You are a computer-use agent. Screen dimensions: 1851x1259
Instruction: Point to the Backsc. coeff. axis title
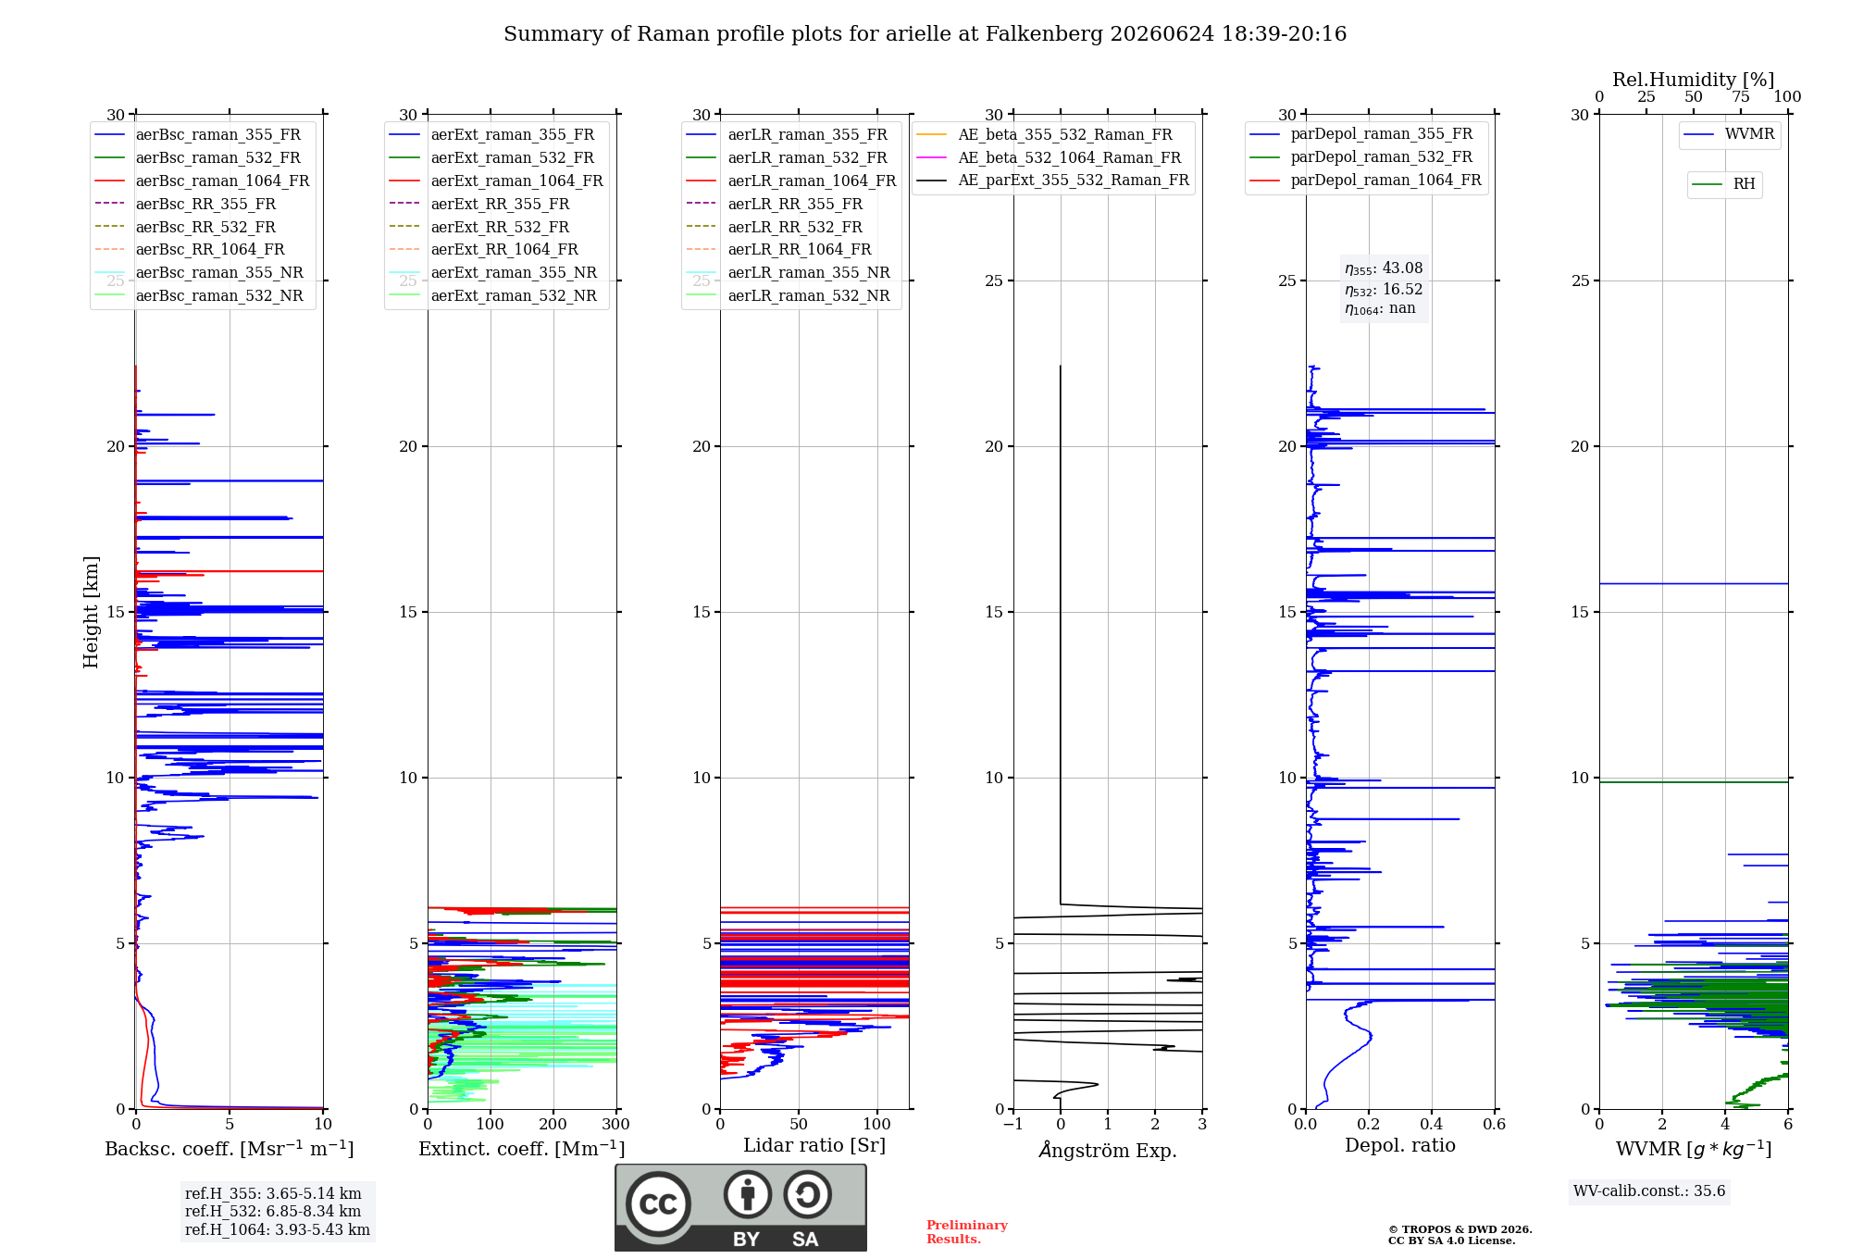coord(230,1149)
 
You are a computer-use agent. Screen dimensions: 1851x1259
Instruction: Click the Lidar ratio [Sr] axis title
coord(814,1146)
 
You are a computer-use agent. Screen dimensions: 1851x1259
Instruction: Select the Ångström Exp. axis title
coord(1108,1150)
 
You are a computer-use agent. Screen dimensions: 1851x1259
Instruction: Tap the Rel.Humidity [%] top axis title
coord(1694,80)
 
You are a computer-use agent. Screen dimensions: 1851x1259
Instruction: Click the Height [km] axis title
coord(91,612)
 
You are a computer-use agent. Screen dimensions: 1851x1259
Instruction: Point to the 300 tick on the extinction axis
coord(616,1125)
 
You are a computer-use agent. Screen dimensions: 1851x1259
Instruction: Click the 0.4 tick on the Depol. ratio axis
coord(1432,1125)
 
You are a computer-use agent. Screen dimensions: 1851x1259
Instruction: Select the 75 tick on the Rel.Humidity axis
coord(1741,97)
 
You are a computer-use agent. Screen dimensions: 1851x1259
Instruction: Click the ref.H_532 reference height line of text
coord(273,1212)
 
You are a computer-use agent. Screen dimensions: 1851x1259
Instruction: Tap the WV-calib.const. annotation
coord(1649,1191)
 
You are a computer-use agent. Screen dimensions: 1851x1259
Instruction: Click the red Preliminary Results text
coord(967,1232)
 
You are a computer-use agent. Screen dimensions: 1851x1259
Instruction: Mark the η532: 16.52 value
coord(1384,290)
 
